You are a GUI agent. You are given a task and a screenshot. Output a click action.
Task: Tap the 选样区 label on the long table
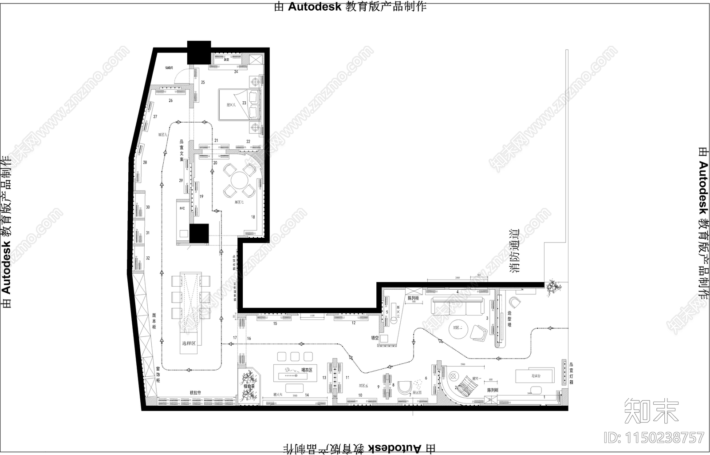189,343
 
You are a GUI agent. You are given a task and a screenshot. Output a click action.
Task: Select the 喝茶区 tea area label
307,370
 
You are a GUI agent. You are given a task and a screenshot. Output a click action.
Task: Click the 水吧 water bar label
181,208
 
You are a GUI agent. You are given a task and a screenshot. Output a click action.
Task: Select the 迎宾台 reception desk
535,375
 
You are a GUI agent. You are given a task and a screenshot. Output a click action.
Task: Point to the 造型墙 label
509,319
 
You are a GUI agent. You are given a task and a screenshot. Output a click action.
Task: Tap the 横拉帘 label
196,393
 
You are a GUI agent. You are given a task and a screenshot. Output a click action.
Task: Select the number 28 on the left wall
145,163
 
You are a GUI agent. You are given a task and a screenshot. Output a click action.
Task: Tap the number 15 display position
275,323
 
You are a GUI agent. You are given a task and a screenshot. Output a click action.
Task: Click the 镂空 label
375,338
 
